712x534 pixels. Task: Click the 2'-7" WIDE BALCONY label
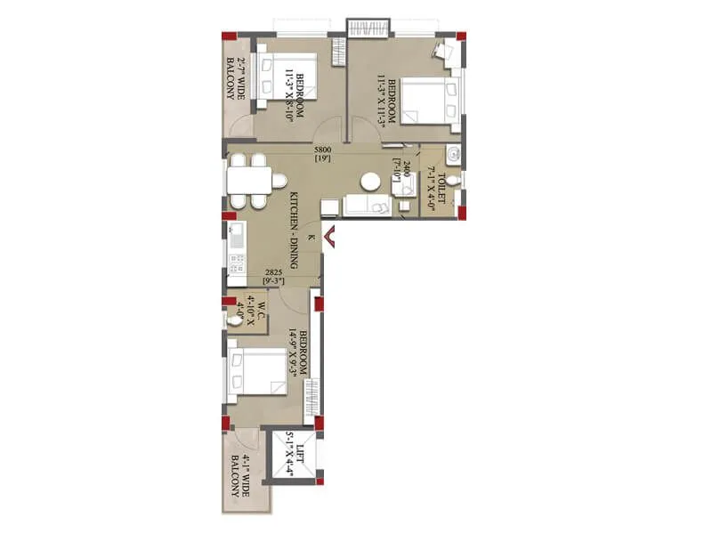click(235, 79)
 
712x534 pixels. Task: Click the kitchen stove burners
click(237, 263)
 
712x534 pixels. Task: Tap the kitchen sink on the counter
click(237, 237)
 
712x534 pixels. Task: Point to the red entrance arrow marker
click(328, 238)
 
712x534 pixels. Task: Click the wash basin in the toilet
click(455, 153)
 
